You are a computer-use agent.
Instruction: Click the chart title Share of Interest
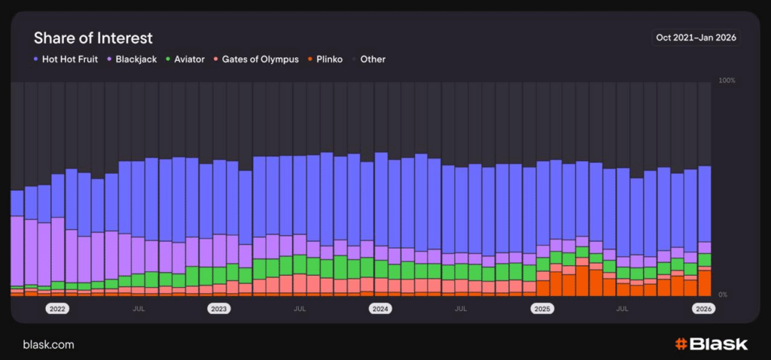coord(93,38)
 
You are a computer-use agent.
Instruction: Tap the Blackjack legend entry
coord(133,59)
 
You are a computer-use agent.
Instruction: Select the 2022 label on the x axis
coord(57,309)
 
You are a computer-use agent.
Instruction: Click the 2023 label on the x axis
coord(219,309)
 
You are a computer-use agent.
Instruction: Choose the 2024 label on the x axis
coord(380,309)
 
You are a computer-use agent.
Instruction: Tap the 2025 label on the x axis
coord(542,309)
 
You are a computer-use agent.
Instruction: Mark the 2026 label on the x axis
coord(703,309)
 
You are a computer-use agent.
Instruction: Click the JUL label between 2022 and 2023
coord(139,309)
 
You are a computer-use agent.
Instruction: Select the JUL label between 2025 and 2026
coord(623,309)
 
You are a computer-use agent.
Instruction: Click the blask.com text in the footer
coord(49,344)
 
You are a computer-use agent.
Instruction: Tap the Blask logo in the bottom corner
coord(711,344)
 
